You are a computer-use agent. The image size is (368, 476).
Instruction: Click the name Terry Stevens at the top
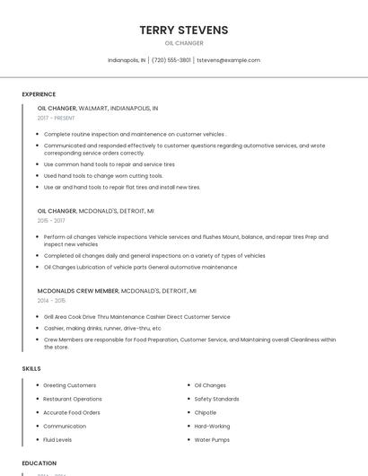coord(184,30)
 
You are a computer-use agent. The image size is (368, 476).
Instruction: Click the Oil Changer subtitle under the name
coord(184,43)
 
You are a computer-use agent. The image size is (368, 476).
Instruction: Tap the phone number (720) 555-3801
coord(171,60)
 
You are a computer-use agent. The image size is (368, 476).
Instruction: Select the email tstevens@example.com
coord(228,60)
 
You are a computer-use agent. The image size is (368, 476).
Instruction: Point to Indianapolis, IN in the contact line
coord(127,60)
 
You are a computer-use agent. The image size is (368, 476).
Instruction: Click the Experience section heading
coord(39,94)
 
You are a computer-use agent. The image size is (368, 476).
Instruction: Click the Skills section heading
coord(31,368)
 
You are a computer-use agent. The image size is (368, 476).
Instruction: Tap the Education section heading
coord(39,463)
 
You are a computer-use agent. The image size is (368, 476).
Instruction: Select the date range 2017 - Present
coord(57,118)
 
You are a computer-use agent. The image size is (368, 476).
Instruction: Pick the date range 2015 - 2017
coord(51,220)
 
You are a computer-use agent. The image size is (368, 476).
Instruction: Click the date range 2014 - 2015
coord(51,301)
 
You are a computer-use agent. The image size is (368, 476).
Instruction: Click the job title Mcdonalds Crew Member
coord(78,291)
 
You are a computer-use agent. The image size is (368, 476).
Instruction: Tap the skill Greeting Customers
coord(70,385)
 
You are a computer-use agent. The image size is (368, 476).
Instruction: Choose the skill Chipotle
coord(206,412)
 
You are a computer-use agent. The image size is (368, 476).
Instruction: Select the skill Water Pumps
coord(212,439)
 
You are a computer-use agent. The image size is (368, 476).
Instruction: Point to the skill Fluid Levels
coord(57,439)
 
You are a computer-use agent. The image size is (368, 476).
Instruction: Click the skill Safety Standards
coord(216,399)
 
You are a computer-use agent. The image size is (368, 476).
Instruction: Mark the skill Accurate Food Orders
coord(72,412)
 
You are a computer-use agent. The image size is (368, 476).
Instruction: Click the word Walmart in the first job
coord(92,108)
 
